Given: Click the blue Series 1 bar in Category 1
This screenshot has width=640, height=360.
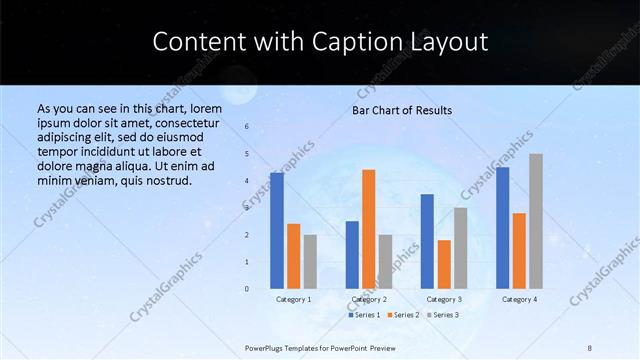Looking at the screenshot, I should click(x=277, y=231).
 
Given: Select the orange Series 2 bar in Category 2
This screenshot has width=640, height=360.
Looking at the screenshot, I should click(x=369, y=229).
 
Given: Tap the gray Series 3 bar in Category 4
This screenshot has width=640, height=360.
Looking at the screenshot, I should click(x=536, y=221).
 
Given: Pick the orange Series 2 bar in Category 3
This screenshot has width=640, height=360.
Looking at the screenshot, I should click(x=444, y=264).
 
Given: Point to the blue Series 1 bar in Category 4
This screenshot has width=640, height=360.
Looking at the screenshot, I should click(x=502, y=228).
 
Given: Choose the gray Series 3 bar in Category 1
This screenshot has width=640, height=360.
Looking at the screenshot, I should click(x=310, y=262).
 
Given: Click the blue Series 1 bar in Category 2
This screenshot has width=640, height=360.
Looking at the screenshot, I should click(x=352, y=255).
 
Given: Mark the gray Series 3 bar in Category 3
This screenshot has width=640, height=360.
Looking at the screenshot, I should click(x=460, y=248).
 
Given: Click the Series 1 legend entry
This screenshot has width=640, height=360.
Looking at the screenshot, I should click(x=365, y=315).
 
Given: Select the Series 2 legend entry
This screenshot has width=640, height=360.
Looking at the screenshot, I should click(x=406, y=315).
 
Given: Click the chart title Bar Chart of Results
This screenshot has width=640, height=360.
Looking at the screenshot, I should click(x=402, y=110).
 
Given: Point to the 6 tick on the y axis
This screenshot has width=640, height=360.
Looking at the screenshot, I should click(x=248, y=127).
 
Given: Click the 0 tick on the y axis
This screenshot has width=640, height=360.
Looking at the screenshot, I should click(x=248, y=289).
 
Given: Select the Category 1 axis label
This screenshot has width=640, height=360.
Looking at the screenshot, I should click(x=294, y=299).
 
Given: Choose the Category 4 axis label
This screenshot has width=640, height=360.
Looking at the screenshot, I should click(x=519, y=299).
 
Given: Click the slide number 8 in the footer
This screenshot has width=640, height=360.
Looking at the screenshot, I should click(x=590, y=347).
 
